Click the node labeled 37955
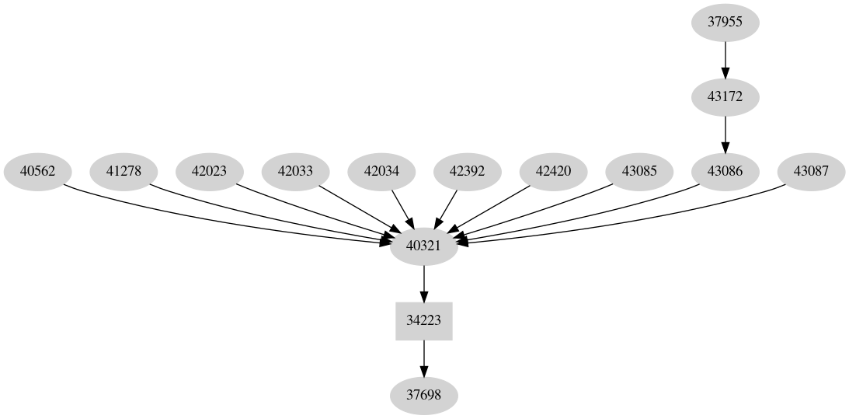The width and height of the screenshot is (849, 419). [x=725, y=22]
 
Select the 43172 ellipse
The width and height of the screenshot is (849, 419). [x=725, y=97]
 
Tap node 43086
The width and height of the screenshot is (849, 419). [x=725, y=172]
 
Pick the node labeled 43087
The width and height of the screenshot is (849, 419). [x=810, y=172]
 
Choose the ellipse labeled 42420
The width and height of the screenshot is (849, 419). [x=553, y=172]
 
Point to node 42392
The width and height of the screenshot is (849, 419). [x=467, y=172]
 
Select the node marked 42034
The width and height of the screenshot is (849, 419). [x=381, y=172]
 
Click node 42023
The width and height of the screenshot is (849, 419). [x=209, y=172]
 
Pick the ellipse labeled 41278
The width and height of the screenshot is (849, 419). [x=124, y=172]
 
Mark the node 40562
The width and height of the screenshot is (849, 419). [x=37, y=172]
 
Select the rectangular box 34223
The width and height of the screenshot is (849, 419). [x=423, y=321]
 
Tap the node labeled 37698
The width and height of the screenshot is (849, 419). [x=423, y=396]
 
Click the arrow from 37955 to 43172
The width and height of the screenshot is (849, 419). [x=725, y=59]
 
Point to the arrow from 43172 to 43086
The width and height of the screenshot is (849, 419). [x=725, y=134]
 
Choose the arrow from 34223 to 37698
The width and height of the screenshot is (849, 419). [x=423, y=358]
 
